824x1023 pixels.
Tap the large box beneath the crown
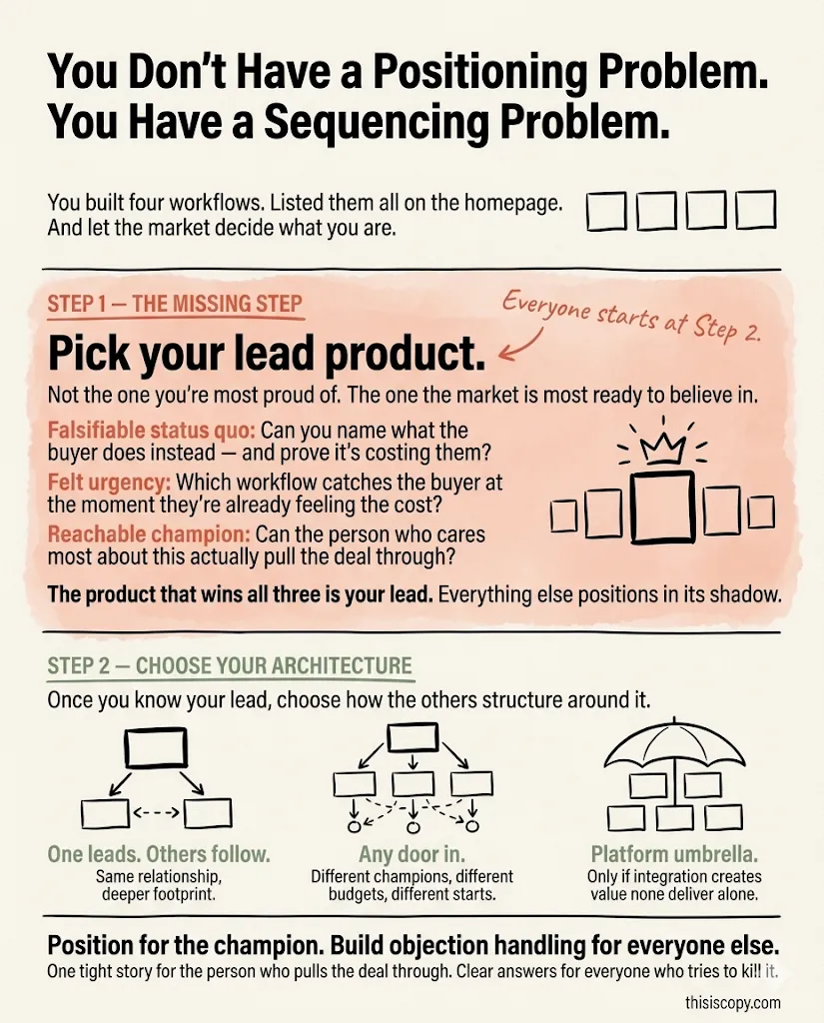coord(661,509)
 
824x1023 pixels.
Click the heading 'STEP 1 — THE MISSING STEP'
coord(175,304)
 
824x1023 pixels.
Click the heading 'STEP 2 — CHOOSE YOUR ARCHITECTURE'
coord(230,665)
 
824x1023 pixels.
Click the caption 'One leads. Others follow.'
coord(160,855)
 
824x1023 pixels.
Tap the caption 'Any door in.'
coord(412,855)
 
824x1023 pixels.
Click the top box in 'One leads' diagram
coord(155,744)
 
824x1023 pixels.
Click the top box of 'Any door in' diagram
coord(412,736)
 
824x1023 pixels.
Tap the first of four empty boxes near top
coord(605,211)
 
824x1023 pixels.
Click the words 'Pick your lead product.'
coord(268,354)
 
